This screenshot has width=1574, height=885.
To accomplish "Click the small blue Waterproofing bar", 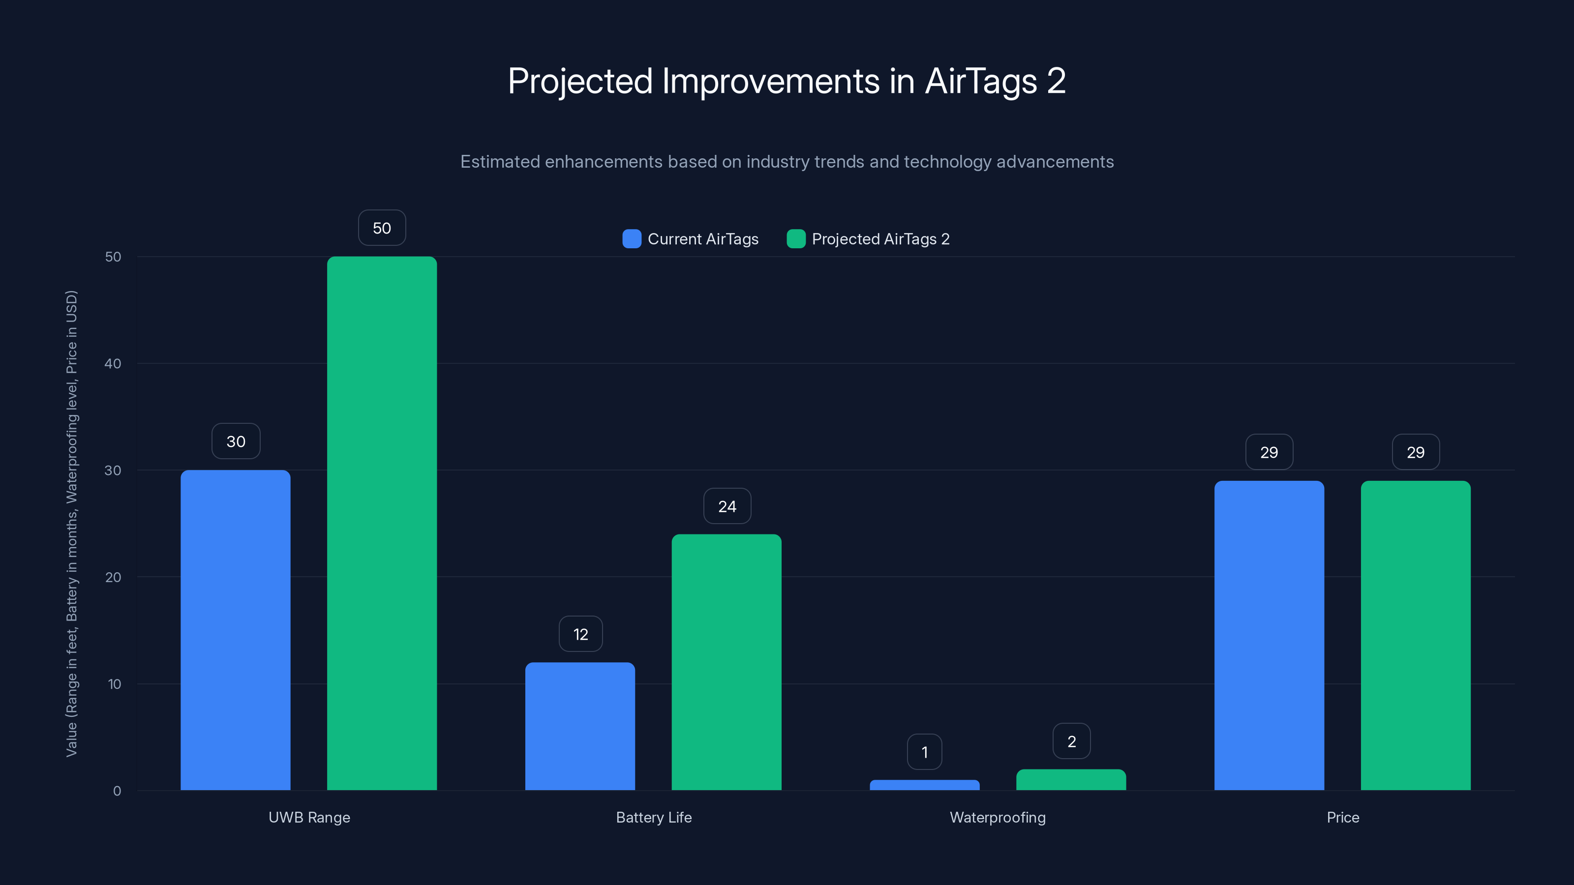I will (x=925, y=785).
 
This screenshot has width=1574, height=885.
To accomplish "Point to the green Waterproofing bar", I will (x=1071, y=780).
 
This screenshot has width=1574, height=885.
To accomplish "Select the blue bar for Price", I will (x=1269, y=635).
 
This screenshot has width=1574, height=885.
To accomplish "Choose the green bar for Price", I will (x=1416, y=635).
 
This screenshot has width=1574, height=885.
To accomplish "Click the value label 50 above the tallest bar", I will (x=382, y=228).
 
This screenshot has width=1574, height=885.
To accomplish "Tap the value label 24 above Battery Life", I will (x=727, y=506).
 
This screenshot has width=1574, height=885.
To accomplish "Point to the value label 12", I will (x=580, y=634).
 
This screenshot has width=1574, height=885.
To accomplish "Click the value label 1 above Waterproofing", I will (x=925, y=752).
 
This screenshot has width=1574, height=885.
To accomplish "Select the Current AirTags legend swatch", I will (x=632, y=239).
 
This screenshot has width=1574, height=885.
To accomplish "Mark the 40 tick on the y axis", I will (x=113, y=363).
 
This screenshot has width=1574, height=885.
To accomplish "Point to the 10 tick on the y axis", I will (x=114, y=684).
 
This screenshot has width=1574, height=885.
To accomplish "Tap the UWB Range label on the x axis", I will (x=309, y=817).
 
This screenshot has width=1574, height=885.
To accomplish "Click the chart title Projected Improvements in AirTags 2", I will (x=787, y=81).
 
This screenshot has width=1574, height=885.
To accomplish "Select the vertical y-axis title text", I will (x=71, y=524).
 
